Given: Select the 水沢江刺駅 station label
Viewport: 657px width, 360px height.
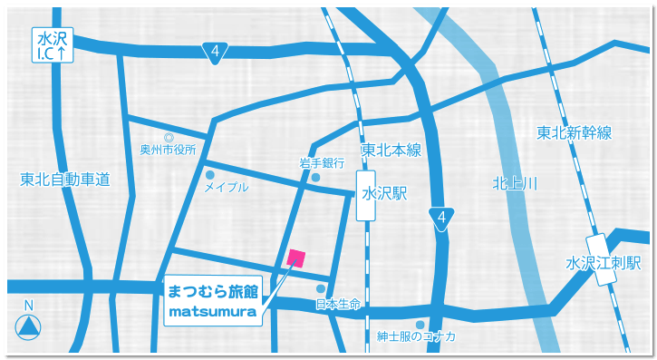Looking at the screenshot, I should pyautogui.click(x=604, y=264).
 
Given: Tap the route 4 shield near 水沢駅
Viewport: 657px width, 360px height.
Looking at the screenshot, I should pyautogui.click(x=440, y=219).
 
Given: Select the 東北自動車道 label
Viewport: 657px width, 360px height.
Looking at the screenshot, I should pyautogui.click(x=64, y=180).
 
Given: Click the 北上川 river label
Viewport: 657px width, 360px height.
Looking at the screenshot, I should pyautogui.click(x=515, y=183).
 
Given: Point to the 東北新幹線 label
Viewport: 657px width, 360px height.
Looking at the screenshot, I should pyautogui.click(x=574, y=133).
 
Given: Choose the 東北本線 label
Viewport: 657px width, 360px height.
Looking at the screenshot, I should pyautogui.click(x=391, y=151).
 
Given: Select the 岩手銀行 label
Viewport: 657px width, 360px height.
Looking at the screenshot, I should pyautogui.click(x=322, y=163).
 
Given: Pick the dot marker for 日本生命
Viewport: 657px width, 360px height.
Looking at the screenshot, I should pyautogui.click(x=321, y=288).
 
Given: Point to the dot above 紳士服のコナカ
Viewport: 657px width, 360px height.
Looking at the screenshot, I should pyautogui.click(x=420, y=324).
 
